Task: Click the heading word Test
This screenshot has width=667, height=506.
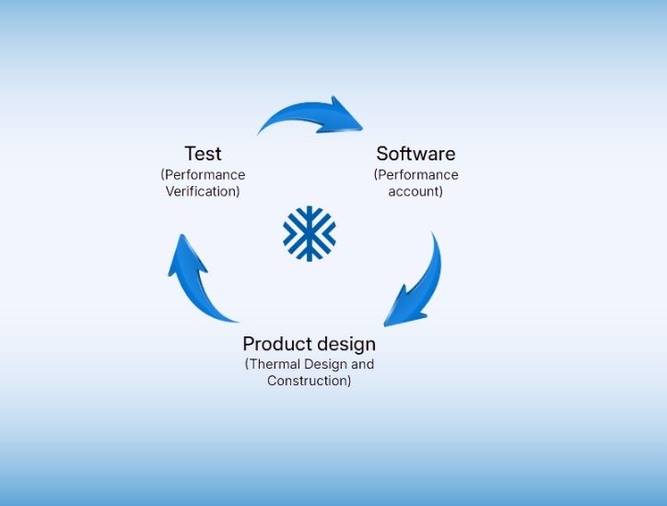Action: [203, 154]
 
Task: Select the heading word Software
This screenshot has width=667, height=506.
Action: [415, 154]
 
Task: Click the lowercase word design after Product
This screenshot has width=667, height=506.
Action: [346, 345]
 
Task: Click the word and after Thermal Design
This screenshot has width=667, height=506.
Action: [362, 364]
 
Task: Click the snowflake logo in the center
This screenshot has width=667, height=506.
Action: [310, 233]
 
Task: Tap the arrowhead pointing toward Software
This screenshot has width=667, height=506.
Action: [343, 116]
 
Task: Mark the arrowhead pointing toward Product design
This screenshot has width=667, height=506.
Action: [402, 309]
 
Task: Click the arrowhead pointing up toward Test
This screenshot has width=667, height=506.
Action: [186, 255]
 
